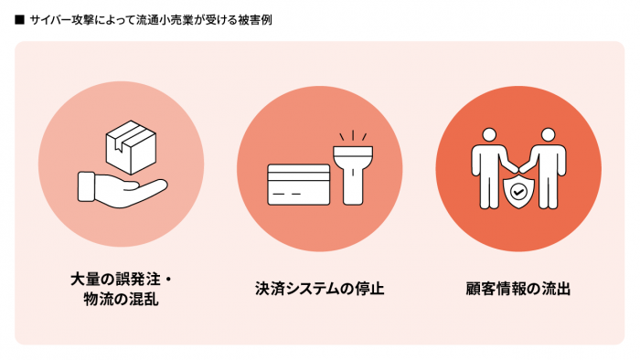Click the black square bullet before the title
tap(19, 19)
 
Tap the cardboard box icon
tap(131, 147)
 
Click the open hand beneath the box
tap(123, 190)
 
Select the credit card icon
tap(298, 185)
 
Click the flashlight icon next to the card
tap(353, 175)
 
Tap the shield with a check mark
tap(518, 192)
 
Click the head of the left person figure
tap(489, 135)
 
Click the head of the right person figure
tap(549, 135)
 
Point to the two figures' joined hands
tap(518, 169)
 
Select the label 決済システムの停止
tap(320, 289)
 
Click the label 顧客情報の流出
tap(518, 289)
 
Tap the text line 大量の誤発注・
tap(122, 280)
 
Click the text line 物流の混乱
tap(122, 300)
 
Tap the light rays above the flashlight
tap(353, 136)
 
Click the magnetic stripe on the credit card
tap(298, 176)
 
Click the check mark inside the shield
tap(518, 192)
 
